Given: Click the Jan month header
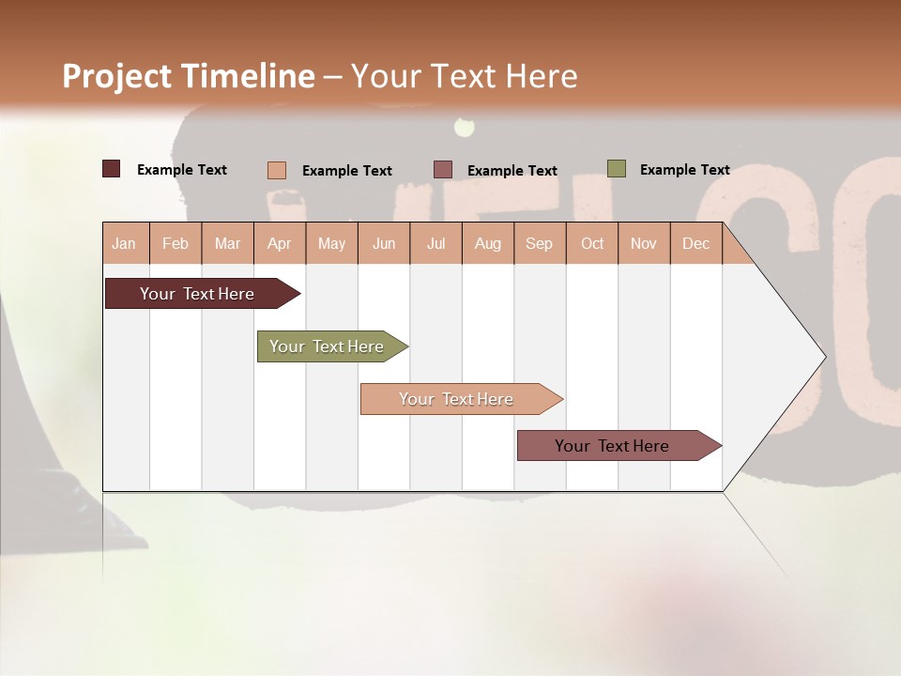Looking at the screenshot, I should pyautogui.click(x=124, y=244).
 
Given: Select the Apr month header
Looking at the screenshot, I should pyautogui.click(x=279, y=244).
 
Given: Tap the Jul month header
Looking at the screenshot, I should pyautogui.click(x=435, y=244).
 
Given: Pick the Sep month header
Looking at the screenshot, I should pyautogui.click(x=539, y=244).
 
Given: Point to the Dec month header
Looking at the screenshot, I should pyautogui.click(x=695, y=244).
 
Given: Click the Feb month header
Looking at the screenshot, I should pyautogui.click(x=176, y=244).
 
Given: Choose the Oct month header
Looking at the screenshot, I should pyautogui.click(x=592, y=244).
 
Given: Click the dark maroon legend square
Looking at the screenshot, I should pyautogui.click(x=112, y=169).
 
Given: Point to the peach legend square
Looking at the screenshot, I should pyautogui.click(x=277, y=170).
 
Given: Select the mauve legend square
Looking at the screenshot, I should pyautogui.click(x=443, y=170).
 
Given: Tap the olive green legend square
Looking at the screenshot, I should pyautogui.click(x=617, y=169).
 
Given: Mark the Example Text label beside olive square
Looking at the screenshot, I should pyautogui.click(x=684, y=170).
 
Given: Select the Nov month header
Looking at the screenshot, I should pyautogui.click(x=644, y=244).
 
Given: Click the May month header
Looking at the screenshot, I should pyautogui.click(x=331, y=244).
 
